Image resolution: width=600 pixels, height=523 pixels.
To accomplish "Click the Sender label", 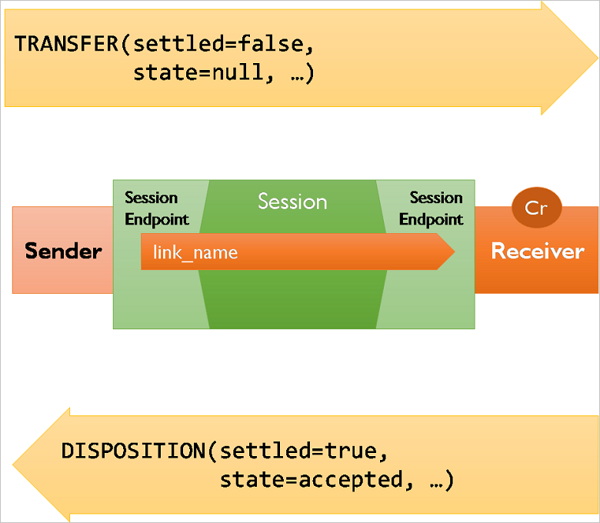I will [x=63, y=251].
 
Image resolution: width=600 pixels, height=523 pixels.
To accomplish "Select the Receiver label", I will [x=537, y=251].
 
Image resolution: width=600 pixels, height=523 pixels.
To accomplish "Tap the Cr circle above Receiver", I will [x=536, y=208].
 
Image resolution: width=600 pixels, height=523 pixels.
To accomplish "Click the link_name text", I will [x=195, y=252].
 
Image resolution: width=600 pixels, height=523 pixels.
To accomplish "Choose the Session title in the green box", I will [x=292, y=202].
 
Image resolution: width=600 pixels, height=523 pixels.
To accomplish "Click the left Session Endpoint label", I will [x=156, y=208].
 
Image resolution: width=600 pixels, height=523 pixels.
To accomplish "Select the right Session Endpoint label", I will [x=431, y=208].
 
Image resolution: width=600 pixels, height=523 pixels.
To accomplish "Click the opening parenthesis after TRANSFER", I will [x=124, y=44].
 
